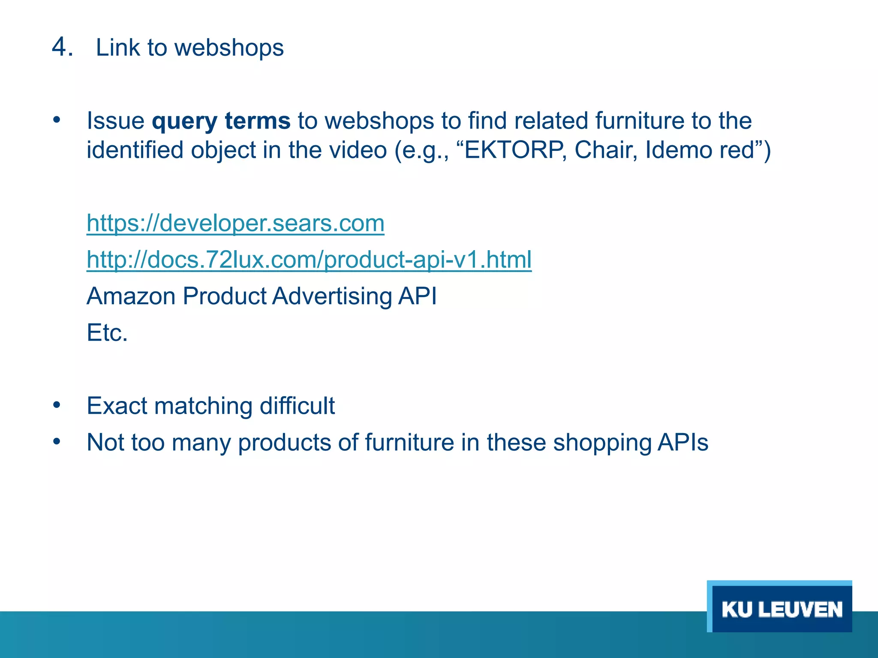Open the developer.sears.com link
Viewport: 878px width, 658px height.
pyautogui.click(x=235, y=223)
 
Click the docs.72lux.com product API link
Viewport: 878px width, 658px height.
pyautogui.click(x=309, y=260)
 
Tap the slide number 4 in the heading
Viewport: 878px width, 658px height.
pyautogui.click(x=60, y=47)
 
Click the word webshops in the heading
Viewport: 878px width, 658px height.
pyautogui.click(x=229, y=48)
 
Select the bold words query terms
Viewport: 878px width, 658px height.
pyautogui.click(x=221, y=121)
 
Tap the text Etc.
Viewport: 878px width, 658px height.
pyautogui.click(x=107, y=333)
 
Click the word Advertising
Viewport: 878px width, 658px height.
pyautogui.click(x=331, y=296)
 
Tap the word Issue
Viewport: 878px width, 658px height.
pyautogui.click(x=115, y=121)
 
